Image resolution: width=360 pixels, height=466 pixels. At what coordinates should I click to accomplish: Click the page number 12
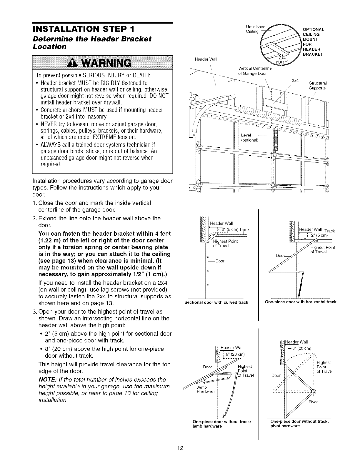(180, 448)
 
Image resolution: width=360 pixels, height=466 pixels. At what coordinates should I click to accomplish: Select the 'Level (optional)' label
(249, 137)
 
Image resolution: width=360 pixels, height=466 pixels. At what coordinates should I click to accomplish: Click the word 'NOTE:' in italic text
(47, 380)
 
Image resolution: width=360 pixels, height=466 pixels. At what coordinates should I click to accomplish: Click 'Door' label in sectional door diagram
(220, 261)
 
